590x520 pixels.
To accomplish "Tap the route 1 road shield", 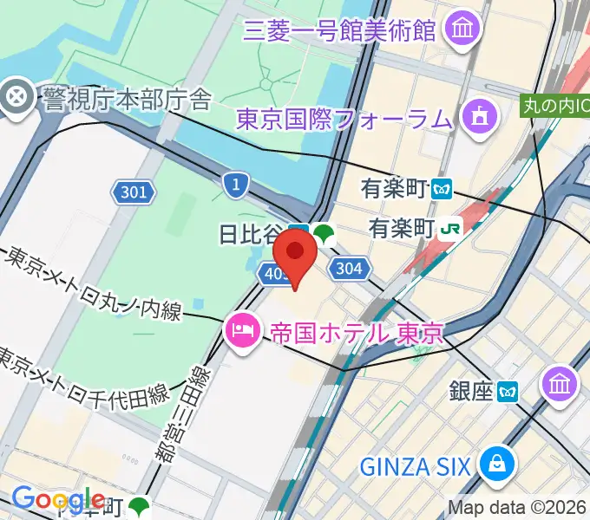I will click(x=235, y=183).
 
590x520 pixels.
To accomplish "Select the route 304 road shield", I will click(x=349, y=269).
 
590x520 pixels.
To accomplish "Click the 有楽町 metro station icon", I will click(x=443, y=187).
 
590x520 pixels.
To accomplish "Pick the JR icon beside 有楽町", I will click(x=450, y=228).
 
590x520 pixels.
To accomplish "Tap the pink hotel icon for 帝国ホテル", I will click(x=241, y=330).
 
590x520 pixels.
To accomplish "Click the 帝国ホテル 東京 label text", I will click(x=357, y=331).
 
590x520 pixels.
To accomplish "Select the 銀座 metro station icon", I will click(x=508, y=392).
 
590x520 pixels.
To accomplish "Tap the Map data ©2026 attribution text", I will click(x=517, y=508).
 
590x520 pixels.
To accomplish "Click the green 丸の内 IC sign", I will click(x=554, y=106).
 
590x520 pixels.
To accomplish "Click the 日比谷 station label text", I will click(x=252, y=233).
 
